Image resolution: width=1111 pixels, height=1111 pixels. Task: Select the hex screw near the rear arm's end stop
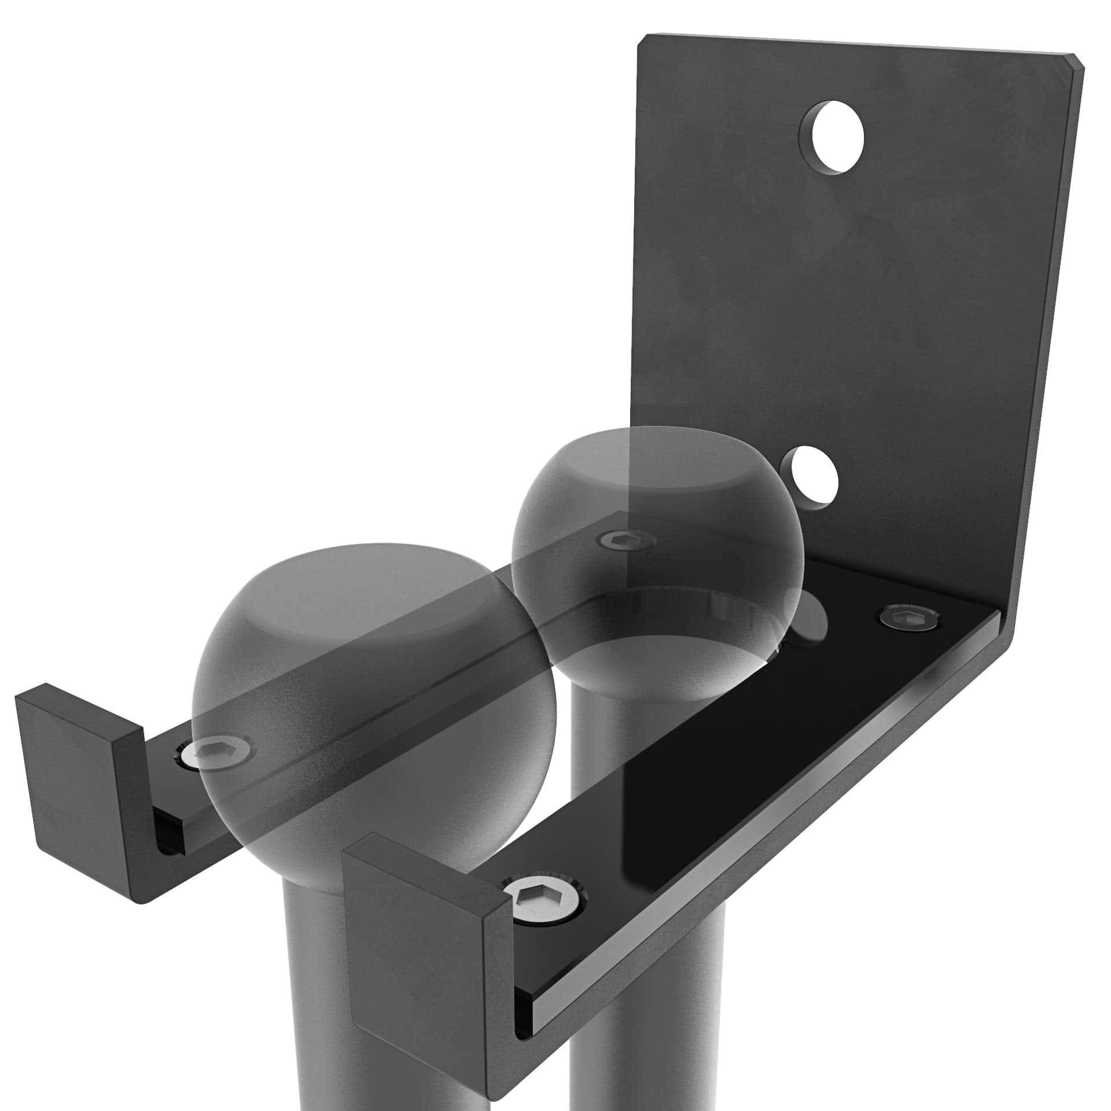(x=222, y=753)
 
